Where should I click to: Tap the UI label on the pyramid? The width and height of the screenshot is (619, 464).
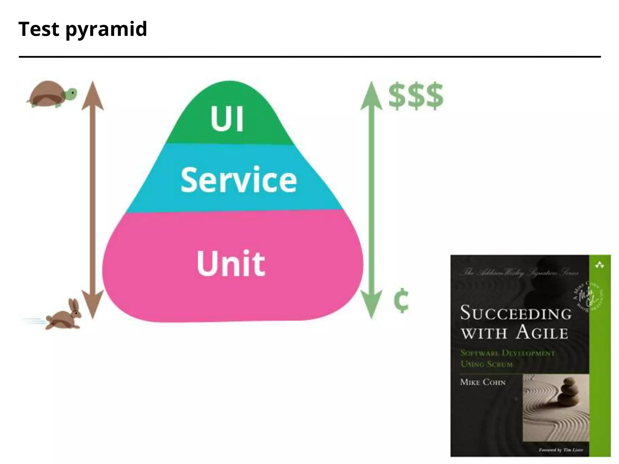click(227, 119)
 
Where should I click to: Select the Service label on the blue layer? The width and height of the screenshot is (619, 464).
click(239, 180)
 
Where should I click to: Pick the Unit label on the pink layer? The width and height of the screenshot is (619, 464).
click(231, 263)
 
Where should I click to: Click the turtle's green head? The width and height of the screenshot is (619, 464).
click(71, 93)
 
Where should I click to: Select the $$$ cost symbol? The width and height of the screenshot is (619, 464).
click(416, 96)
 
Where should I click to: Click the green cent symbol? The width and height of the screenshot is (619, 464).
click(401, 301)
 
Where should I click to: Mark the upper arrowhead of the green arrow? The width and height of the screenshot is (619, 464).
click(371, 95)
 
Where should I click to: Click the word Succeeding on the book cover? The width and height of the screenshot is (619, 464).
click(516, 313)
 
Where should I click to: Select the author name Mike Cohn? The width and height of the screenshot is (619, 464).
click(483, 382)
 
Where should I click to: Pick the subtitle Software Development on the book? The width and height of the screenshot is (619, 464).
click(508, 353)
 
